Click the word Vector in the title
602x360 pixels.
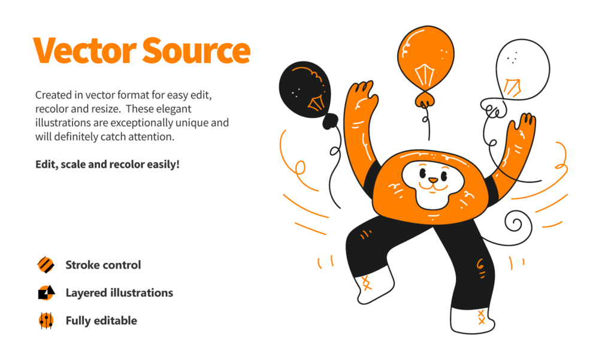pos(85,50)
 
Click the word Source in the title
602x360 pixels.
pos(196,50)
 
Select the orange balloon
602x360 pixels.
pos(425,58)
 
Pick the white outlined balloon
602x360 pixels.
pos(522,69)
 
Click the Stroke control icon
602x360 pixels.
pos(46,265)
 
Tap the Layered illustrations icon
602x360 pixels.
pos(46,293)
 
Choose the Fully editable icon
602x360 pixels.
pos(46,320)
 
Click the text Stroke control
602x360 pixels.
pos(103,265)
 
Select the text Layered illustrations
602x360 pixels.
pos(119,293)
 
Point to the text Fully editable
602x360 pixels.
pos(101,320)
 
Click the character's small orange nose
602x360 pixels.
pos(433,180)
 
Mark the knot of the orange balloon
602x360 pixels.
pos(425,100)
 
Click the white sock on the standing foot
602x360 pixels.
pos(471,320)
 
